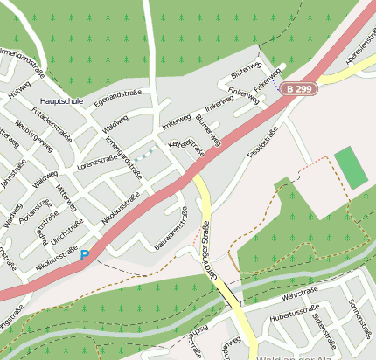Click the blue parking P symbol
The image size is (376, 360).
click(x=84, y=255)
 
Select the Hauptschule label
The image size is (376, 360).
click(x=62, y=101)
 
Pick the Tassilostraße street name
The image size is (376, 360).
click(x=262, y=142)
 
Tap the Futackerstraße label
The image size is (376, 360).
click(x=51, y=124)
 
